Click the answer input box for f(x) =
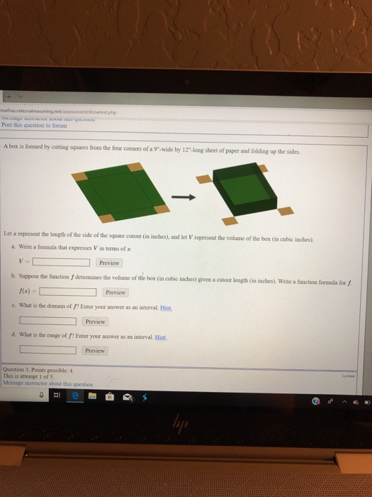pos(67,291)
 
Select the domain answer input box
pos(48,321)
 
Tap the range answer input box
pos(48,350)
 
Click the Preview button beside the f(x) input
pos(115,292)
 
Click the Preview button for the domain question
pos(96,321)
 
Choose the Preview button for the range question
pos(95,350)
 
